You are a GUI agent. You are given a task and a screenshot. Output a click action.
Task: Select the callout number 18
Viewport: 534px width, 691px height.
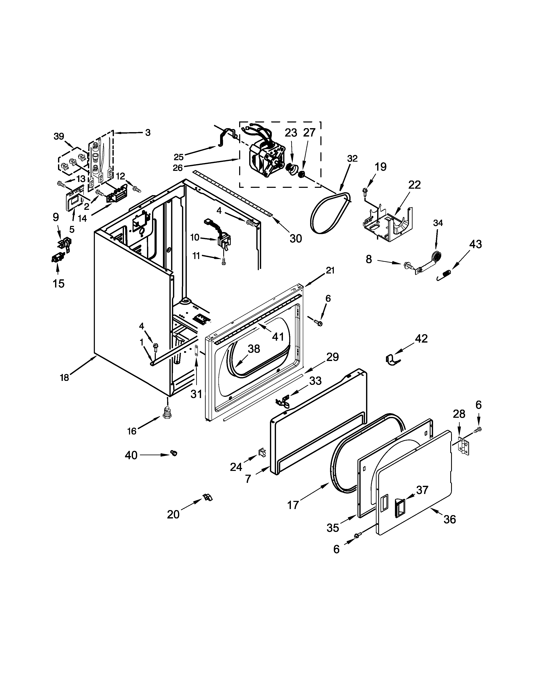coord(64,378)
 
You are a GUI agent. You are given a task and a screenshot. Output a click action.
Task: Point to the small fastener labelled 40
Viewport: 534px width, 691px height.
coord(173,453)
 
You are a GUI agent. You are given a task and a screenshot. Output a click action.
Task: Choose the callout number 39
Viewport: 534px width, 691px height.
coord(59,136)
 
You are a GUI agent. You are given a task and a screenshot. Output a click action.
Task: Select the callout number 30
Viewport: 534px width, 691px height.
coord(295,238)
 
